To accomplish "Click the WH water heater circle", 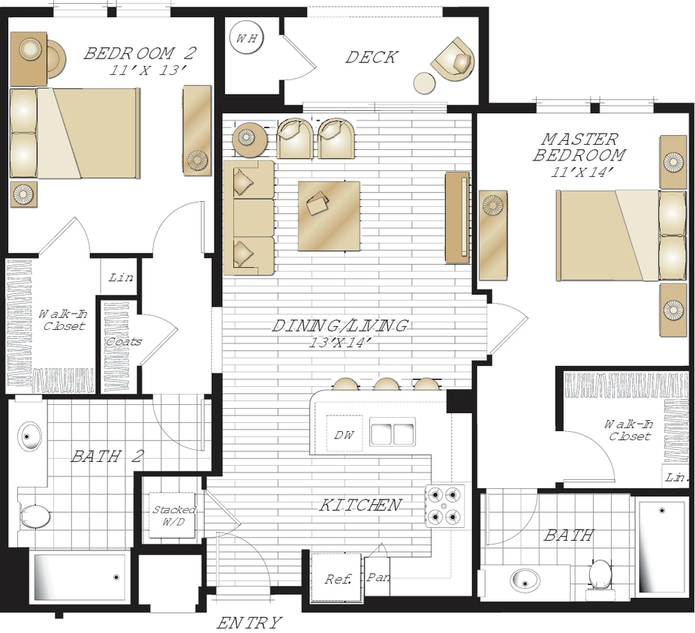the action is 247,38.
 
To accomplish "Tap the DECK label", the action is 372,58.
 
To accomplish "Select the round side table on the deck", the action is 425,82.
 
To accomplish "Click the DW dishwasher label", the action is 344,435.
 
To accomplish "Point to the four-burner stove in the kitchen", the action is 445,505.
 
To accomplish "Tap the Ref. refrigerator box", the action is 337,577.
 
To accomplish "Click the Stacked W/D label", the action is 173,515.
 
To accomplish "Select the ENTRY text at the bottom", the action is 249,623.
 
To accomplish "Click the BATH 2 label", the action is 107,456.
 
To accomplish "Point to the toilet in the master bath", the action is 600,575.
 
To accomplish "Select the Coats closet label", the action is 124,342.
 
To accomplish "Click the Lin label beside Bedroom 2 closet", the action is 121,277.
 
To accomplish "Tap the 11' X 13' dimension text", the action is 146,70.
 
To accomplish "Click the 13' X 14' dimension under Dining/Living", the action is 340,343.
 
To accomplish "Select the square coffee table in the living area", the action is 329,216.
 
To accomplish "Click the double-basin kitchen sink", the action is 392,431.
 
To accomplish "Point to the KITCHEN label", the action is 360,505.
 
